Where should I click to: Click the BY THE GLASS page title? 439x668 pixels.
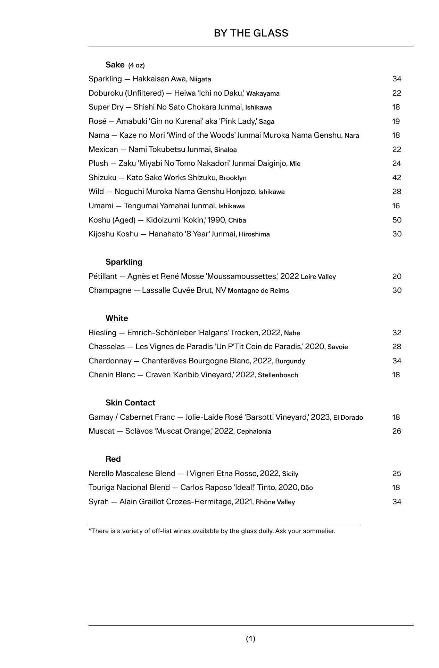coord(251,33)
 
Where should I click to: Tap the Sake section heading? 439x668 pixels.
coord(115,65)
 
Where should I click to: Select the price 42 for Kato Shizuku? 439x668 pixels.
coord(397,178)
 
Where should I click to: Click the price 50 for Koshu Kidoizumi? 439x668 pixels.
coord(397,220)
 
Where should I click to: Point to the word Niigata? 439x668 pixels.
coord(200,79)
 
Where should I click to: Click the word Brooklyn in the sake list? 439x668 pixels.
coord(233,178)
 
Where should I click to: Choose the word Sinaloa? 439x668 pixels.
coord(225,150)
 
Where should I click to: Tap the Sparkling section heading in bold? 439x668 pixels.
coord(124,262)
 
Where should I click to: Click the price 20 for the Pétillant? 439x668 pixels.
coord(397,276)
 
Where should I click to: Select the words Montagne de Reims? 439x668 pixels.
coord(258,291)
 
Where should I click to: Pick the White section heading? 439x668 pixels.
coord(117,318)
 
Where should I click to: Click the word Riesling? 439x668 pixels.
coord(102,333)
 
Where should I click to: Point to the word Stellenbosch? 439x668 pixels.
coord(278,375)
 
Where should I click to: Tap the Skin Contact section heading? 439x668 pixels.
coord(130,403)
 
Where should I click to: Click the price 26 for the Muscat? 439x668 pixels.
coord(397,431)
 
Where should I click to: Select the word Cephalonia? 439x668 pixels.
coord(254,432)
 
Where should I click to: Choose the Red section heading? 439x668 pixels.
coord(113,459)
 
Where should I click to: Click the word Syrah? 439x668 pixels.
coord(99,502)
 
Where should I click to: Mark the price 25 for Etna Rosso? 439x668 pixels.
coord(397,474)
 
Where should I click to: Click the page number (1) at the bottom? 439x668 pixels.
coord(251,638)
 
